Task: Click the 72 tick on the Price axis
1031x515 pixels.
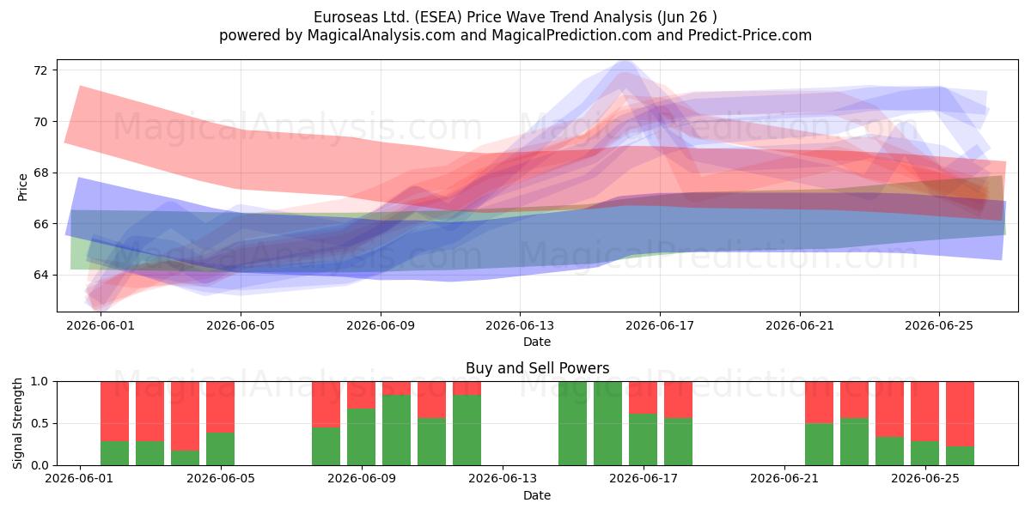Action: tap(40, 70)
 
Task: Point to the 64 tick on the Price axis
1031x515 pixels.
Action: tap(40, 275)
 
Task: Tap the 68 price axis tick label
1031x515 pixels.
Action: tap(40, 173)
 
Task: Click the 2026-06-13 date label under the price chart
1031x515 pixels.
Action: tap(520, 325)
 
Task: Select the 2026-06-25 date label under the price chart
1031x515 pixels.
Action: tap(939, 325)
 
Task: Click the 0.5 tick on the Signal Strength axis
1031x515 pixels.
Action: tap(40, 423)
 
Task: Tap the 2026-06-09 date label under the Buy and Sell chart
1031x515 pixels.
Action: tap(362, 479)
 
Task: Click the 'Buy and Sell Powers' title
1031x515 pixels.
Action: tap(537, 368)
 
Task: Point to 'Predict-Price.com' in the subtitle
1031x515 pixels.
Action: tap(750, 35)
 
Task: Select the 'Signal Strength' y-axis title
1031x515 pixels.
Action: tap(17, 423)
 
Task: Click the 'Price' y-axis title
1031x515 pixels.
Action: tap(22, 187)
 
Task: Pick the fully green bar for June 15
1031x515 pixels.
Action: tap(572, 423)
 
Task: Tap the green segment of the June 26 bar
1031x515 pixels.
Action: tap(961, 456)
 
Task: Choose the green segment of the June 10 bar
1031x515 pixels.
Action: tap(396, 430)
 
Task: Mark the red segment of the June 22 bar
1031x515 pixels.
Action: tap(820, 403)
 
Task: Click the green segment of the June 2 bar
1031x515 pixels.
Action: tap(114, 453)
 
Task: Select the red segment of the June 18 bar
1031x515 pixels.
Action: tap(679, 400)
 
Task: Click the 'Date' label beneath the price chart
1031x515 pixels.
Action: tap(537, 342)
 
